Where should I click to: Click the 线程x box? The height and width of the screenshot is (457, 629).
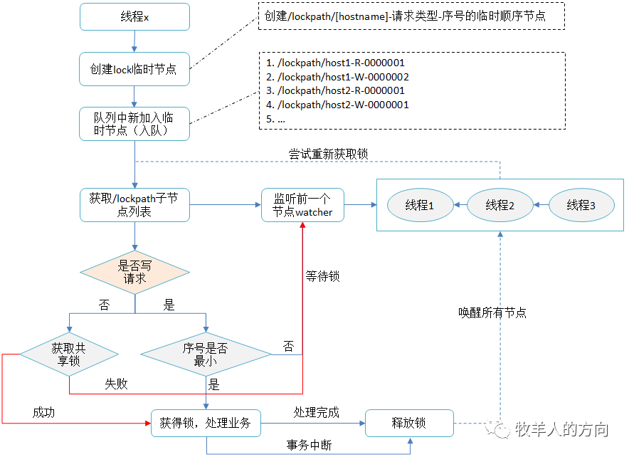(134, 17)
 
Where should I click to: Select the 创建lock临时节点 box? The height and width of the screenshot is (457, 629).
(134, 69)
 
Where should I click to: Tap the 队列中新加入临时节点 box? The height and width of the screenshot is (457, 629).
(134, 124)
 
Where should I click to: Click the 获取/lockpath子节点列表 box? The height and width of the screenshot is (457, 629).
(134, 205)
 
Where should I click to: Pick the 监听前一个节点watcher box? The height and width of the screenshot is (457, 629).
(303, 205)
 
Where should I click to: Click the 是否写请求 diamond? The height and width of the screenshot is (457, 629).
(134, 273)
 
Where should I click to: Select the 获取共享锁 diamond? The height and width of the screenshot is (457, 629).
(69, 354)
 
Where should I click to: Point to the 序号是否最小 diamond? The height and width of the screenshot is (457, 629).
(206, 354)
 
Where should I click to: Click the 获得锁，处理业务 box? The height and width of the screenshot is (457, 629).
(206, 424)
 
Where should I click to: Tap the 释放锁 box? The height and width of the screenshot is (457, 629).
(409, 424)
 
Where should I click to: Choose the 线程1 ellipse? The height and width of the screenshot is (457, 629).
(420, 205)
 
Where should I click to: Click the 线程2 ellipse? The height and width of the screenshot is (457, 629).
(500, 205)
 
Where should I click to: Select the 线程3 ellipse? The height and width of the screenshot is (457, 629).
(581, 205)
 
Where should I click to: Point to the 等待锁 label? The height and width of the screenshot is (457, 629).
(322, 276)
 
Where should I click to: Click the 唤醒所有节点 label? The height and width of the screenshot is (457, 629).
(492, 312)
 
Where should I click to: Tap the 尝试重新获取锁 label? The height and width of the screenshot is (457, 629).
(329, 154)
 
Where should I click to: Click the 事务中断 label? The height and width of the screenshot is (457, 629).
(309, 445)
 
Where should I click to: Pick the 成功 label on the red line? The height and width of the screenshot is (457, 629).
(43, 412)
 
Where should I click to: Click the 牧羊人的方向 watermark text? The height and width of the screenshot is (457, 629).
(561, 429)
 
